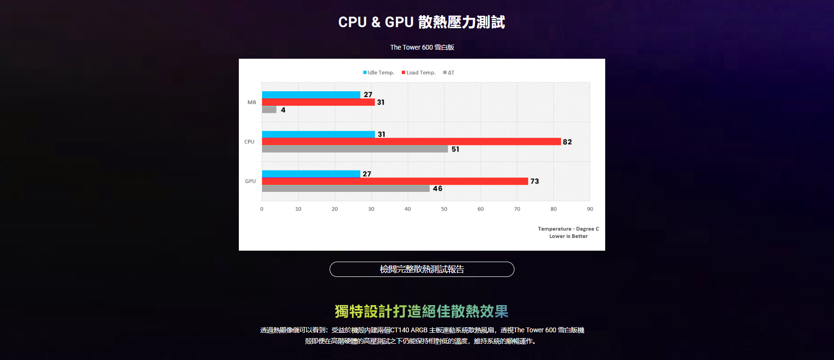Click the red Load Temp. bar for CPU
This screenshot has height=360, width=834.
pos(411,142)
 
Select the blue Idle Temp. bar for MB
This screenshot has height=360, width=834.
pos(311,95)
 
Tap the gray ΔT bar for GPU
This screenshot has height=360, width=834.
pos(345,189)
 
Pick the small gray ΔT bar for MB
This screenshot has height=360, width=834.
pos(269,110)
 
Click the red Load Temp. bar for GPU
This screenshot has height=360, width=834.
pos(395,181)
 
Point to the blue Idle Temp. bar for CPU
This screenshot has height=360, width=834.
pos(318,134)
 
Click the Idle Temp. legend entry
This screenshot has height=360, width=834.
pos(379,73)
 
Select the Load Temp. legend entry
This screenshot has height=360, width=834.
pos(418,73)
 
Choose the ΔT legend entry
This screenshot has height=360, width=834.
pos(449,73)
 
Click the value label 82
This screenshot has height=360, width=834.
pos(567,142)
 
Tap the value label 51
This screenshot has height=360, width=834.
pos(455,149)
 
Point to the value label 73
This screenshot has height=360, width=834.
pos(535,181)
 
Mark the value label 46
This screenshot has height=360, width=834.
pos(438,189)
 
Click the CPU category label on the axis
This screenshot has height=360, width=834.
pos(249,142)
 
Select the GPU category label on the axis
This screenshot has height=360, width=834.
pos(250,181)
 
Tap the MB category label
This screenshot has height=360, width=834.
pos(252,102)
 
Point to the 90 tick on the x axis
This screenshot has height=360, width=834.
pos(590,209)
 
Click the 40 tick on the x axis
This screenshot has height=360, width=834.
pos(407,209)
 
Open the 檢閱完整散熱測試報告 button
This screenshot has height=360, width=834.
pos(422,269)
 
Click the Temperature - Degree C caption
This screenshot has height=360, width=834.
pos(568,229)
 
